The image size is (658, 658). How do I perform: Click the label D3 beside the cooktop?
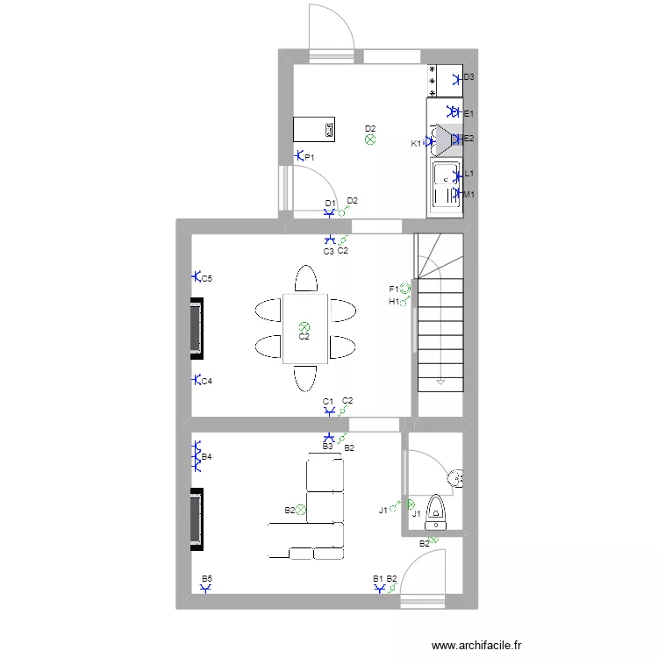[x=469, y=77]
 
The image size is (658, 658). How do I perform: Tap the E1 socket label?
[x=468, y=114]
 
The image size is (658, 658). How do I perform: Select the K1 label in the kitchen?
[x=416, y=143]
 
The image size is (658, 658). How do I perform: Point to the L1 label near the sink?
[x=469, y=175]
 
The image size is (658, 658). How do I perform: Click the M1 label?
[x=469, y=194]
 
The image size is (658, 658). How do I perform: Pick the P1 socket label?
[x=310, y=157]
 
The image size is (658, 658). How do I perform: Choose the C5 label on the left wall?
[x=207, y=279]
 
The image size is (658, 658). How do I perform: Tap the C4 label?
[x=207, y=382]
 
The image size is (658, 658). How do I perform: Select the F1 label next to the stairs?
[x=394, y=289]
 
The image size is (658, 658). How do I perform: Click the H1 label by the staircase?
[x=394, y=302]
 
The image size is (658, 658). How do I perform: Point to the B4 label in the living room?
[x=207, y=457]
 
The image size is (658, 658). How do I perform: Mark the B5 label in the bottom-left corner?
[x=207, y=579]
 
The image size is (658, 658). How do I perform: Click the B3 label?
[x=327, y=447]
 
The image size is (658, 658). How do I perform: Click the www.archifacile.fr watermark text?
[x=477, y=645]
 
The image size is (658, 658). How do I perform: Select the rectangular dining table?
[x=305, y=329]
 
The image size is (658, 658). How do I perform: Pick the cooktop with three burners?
[x=433, y=80]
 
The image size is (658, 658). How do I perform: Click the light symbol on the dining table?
[x=304, y=326]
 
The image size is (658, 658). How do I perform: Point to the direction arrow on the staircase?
[x=440, y=383]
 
